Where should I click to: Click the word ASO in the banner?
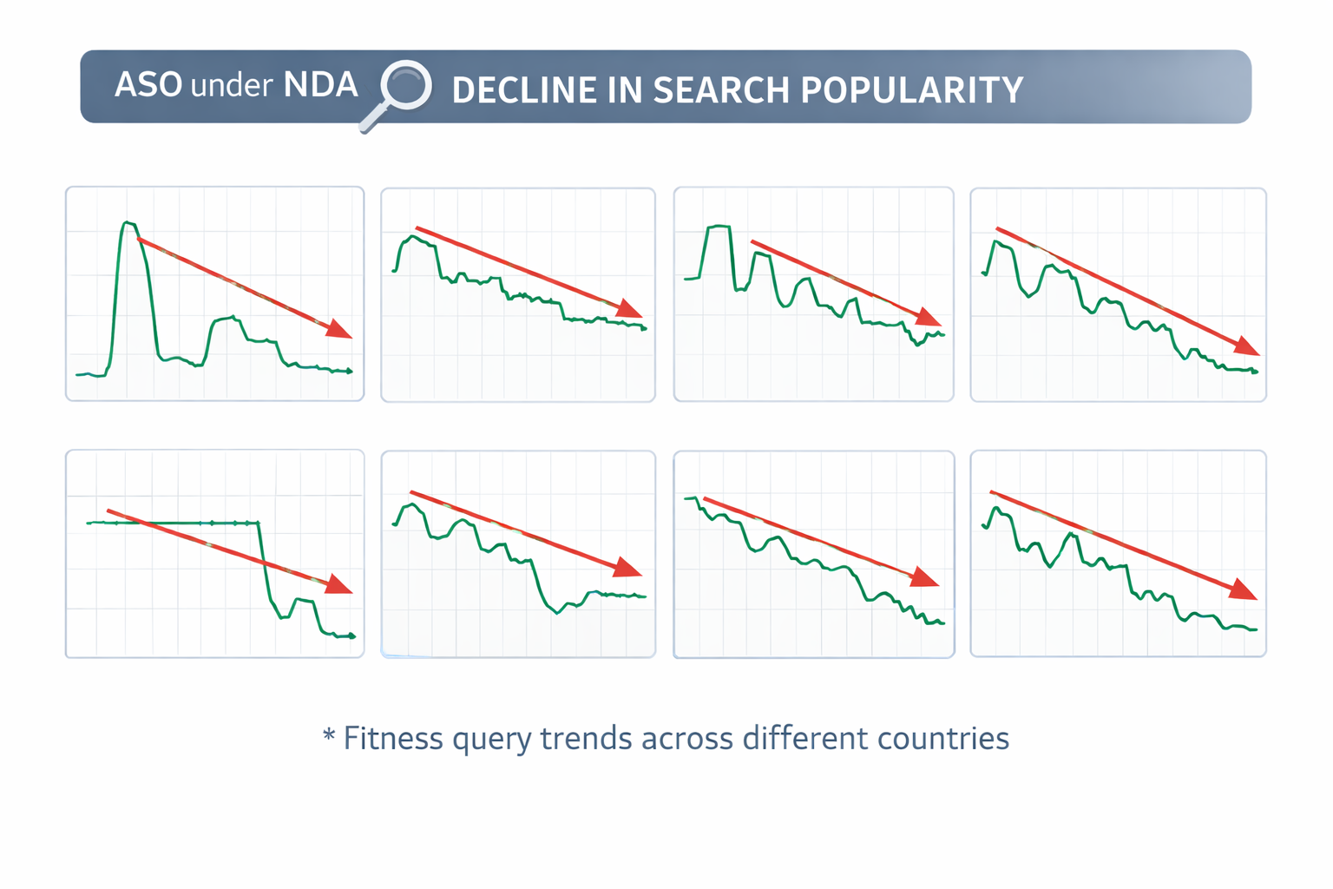[x=148, y=85]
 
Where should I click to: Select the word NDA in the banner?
[x=320, y=85]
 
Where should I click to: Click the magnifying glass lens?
[x=407, y=85]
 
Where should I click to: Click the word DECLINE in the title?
[x=522, y=90]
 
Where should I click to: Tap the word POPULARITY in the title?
[x=911, y=90]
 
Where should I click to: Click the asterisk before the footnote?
[x=329, y=737]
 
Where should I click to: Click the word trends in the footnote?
[x=587, y=739]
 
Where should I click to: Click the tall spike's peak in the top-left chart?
[x=127, y=223]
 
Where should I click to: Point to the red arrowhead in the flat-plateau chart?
[x=339, y=585]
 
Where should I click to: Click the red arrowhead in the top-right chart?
[x=1247, y=346]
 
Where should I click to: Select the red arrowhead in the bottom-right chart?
[x=1244, y=590]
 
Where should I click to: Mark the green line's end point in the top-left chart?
[x=350, y=372]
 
